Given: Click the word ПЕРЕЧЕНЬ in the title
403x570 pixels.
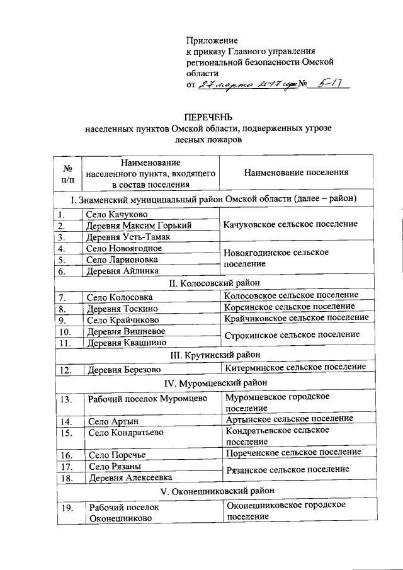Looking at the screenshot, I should pos(208,117).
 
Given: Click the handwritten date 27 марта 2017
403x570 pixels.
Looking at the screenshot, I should pos(242,85).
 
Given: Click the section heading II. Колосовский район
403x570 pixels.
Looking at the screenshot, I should pos(214,283).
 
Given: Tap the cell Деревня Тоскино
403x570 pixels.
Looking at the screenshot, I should pos(123,309).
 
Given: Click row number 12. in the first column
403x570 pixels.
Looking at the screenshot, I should pos(65,370).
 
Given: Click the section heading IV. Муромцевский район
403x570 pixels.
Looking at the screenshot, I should pos(214,382).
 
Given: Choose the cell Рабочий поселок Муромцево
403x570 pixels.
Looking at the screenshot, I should pos(147,399).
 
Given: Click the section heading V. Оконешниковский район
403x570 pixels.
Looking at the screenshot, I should pos(214,491).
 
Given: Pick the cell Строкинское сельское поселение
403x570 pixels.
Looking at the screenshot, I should pos(292,334).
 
